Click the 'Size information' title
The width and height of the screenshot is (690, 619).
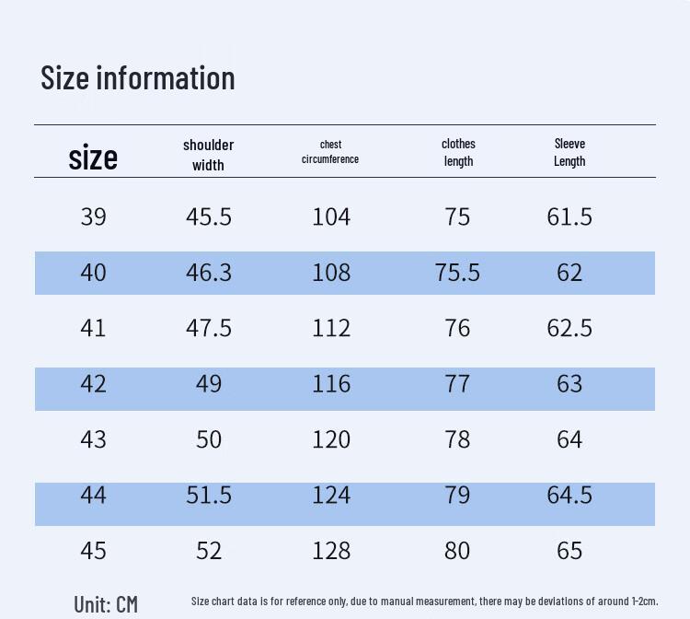click(138, 78)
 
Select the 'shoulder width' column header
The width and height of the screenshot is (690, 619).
click(208, 155)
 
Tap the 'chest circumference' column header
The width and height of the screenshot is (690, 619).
click(330, 152)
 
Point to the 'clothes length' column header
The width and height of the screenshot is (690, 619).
click(458, 152)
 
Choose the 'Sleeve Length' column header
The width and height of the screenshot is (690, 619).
click(569, 152)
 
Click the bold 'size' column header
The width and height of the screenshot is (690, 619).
click(93, 157)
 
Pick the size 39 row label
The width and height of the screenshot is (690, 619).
click(93, 216)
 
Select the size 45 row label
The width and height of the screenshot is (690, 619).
click(93, 551)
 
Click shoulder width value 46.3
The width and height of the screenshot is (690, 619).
click(209, 273)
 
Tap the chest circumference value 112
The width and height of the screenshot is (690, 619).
click(331, 328)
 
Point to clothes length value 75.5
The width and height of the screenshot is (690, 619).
click(457, 273)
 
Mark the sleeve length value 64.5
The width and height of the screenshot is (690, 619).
click(569, 495)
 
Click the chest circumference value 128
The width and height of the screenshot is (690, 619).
click(331, 551)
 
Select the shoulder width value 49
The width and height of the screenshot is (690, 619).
click(209, 384)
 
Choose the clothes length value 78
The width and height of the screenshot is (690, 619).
click(457, 439)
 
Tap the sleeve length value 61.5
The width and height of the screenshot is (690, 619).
click(569, 216)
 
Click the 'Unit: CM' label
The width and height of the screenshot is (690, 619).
click(106, 604)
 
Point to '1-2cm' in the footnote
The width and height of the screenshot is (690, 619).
click(645, 601)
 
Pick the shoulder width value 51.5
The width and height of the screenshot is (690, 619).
click(209, 495)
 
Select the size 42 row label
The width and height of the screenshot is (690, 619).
click(93, 384)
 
